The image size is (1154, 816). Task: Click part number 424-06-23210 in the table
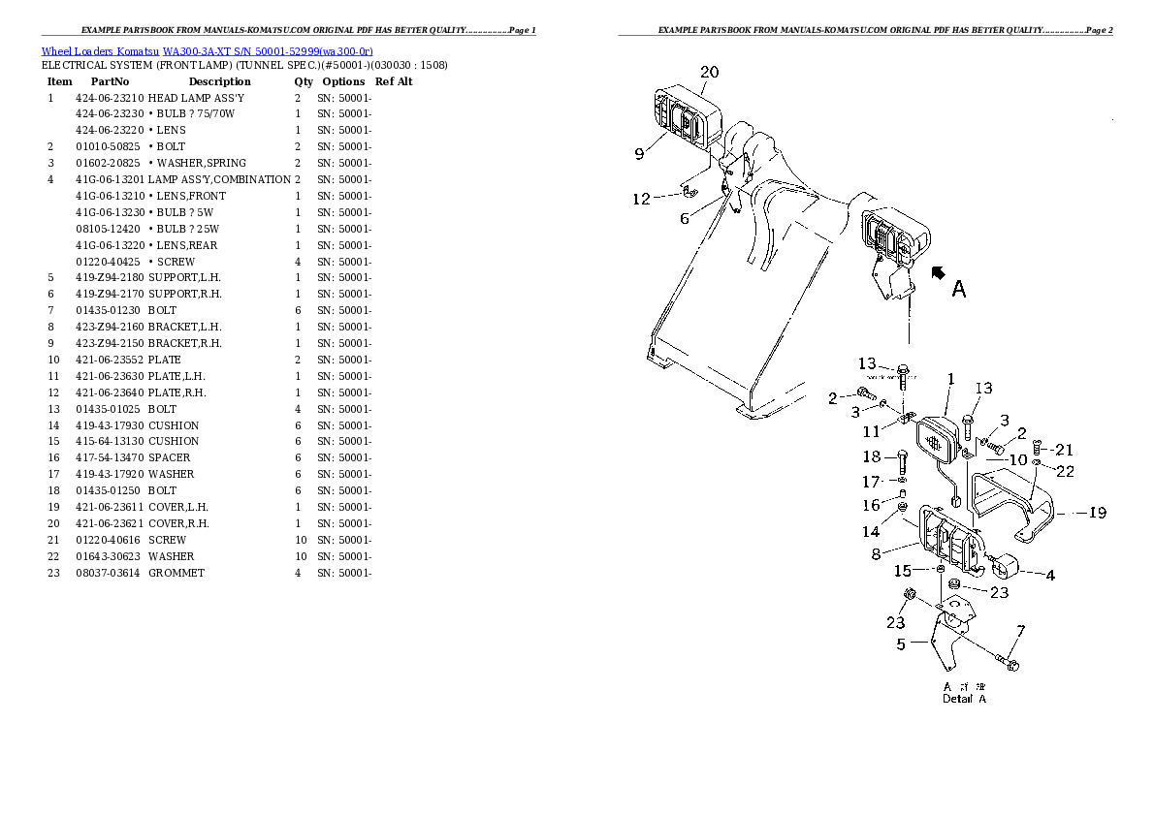[110, 98]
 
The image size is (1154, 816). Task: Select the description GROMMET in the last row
[176, 573]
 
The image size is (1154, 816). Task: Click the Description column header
[219, 81]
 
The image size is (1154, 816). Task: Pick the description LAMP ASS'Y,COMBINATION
[219, 179]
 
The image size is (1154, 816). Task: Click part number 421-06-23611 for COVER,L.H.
[110, 507]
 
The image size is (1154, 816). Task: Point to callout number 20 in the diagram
[709, 72]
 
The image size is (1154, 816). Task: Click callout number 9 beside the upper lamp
[640, 153]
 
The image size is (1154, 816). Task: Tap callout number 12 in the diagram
[641, 200]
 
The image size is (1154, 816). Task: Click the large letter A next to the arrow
[958, 289]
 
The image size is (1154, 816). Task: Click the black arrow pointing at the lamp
[938, 274]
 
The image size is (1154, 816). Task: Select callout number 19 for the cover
[1097, 514]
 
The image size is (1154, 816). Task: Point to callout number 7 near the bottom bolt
[1019, 632]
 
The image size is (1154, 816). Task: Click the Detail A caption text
[964, 699]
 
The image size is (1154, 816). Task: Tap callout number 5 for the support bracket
[901, 643]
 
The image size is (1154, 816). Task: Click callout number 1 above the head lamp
[951, 379]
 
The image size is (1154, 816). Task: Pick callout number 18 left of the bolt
[871, 456]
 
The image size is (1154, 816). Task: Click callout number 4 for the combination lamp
[1050, 575]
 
